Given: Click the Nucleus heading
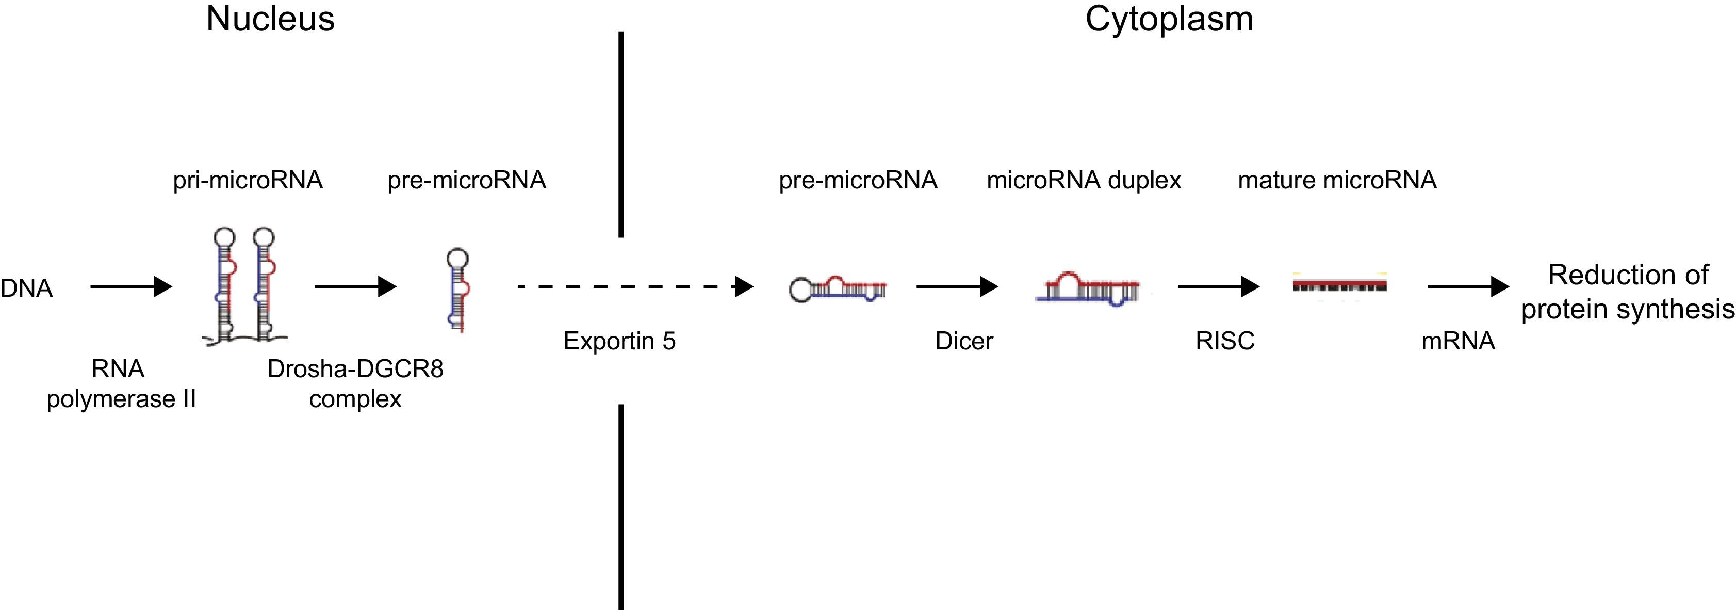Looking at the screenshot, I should [270, 19].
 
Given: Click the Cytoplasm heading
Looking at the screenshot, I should [1169, 19].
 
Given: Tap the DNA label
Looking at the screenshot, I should [26, 288].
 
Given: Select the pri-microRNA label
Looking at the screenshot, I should [248, 180].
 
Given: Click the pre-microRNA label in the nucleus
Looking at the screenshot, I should [466, 180].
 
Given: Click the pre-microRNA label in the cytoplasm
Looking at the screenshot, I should [858, 180].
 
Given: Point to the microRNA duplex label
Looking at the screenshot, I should [1084, 180].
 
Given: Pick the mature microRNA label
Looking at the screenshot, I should [1337, 180].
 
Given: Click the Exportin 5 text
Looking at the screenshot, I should [619, 341].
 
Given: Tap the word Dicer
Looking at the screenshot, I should [964, 341].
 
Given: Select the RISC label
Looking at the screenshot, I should [1224, 341].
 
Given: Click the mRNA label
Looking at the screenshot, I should [1457, 341].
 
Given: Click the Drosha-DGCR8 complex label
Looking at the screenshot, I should [355, 383].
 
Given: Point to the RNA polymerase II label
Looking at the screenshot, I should [121, 383].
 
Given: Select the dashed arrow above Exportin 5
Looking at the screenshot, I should [633, 286].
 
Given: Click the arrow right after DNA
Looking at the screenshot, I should [130, 286].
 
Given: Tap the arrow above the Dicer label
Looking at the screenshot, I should [956, 286].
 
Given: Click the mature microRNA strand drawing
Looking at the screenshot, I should [1339, 285].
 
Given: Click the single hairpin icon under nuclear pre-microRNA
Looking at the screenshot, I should [458, 290].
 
